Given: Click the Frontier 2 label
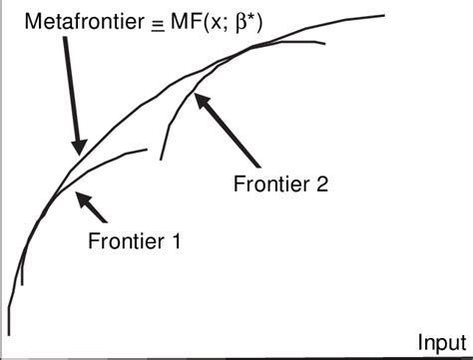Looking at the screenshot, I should [x=280, y=182].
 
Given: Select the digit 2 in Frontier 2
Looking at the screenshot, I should [x=321, y=182].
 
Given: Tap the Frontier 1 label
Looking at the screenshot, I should [x=133, y=239].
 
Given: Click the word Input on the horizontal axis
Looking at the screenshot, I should [x=440, y=341].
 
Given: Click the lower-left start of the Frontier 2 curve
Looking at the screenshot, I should [x=161, y=158].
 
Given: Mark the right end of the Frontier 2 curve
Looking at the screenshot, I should [x=325, y=44].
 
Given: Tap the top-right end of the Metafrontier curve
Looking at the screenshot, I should [x=384, y=15].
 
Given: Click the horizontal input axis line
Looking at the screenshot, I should [x=239, y=357].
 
